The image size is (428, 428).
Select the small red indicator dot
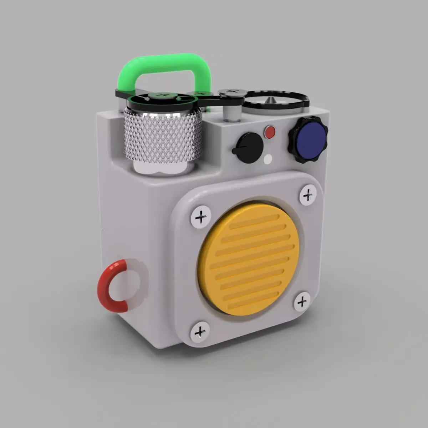point(270,132)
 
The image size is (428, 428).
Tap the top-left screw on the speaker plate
point(201,216)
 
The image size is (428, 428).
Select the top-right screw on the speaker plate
point(307,195)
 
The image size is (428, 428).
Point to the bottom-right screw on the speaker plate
point(302,302)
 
